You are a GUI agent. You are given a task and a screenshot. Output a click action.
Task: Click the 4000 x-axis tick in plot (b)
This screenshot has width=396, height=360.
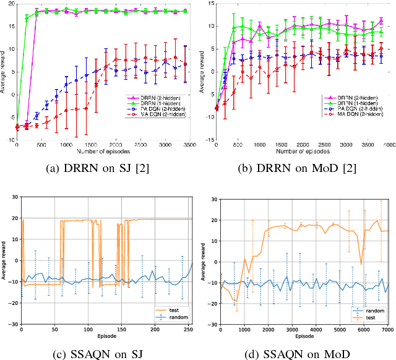[x=389, y=145]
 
